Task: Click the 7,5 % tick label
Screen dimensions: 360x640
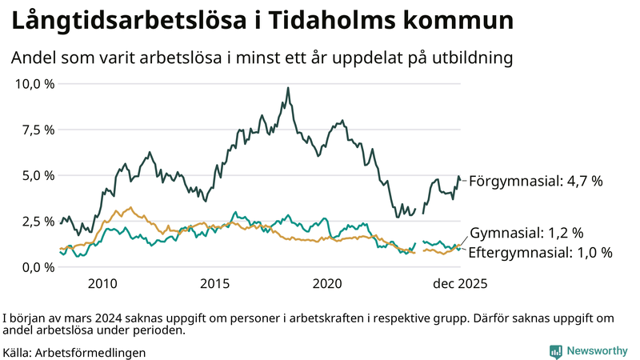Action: click(x=38, y=130)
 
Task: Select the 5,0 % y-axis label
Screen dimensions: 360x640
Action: click(x=38, y=175)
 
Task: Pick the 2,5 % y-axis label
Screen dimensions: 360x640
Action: click(x=38, y=222)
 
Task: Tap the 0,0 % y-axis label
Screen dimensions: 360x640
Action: click(x=38, y=267)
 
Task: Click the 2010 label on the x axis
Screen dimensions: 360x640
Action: click(x=102, y=284)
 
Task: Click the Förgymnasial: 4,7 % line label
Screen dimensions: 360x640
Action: click(x=535, y=182)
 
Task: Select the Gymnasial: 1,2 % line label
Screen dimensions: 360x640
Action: click(x=526, y=234)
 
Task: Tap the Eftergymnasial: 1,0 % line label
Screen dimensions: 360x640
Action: click(x=541, y=253)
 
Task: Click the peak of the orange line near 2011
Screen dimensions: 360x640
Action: click(x=130, y=208)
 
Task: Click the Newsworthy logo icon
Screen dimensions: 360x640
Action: click(x=555, y=351)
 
